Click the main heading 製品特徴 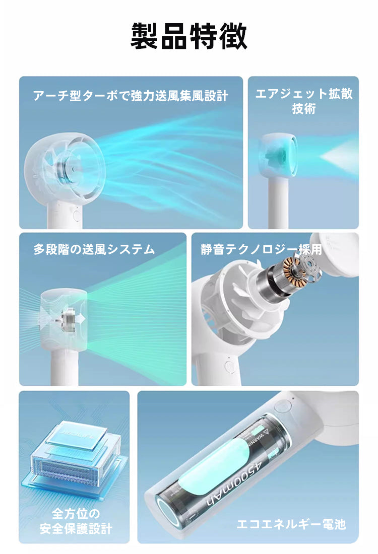click(189, 36)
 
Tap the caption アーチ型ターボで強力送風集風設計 click(131, 96)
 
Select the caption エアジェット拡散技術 click(303, 101)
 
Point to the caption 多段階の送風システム click(94, 249)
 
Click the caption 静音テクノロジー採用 click(261, 249)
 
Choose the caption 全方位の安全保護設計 click(75, 521)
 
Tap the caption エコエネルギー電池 click(291, 524)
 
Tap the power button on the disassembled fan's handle click(229, 366)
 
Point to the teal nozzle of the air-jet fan click(294, 156)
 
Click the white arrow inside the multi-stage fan click(81, 318)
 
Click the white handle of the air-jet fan click(278, 202)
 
